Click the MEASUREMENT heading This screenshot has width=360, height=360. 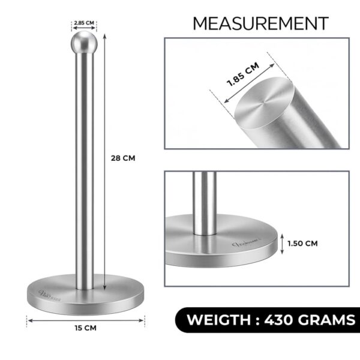coord(260,23)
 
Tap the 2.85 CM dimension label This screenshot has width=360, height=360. coord(84,23)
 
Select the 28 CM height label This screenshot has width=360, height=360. coord(123,158)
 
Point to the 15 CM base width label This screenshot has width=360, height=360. coord(85,328)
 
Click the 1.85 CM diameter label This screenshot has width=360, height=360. coord(242,76)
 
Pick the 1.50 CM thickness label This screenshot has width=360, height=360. coord(302,243)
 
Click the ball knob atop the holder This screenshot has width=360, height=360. coord(84,43)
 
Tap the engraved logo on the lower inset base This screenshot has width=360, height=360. coord(247,244)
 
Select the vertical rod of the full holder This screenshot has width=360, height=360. coord(84,168)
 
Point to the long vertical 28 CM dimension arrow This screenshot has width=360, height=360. coord(106,162)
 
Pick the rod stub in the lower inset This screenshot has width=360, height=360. coord(205,201)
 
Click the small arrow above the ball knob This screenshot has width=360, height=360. coord(84,29)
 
